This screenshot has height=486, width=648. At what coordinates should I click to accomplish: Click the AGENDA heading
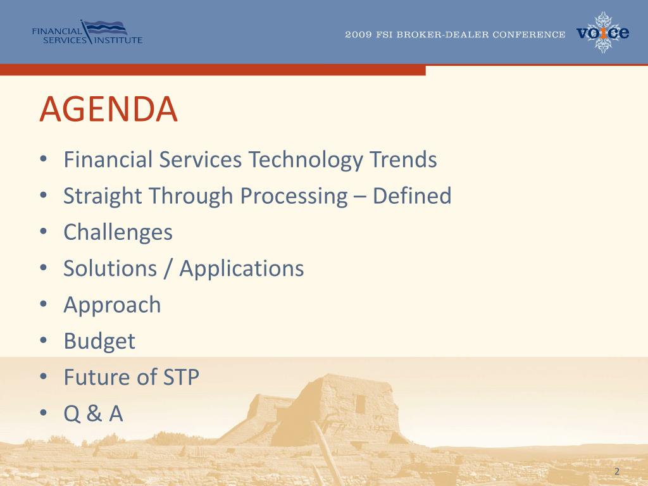pos(109,109)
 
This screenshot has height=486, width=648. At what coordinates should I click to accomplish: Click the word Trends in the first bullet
pos(403,159)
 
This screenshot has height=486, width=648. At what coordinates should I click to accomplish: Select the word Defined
pos(412,196)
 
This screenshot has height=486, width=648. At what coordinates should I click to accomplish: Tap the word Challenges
pos(118,232)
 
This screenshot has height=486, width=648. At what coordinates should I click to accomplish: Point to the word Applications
pos(242,268)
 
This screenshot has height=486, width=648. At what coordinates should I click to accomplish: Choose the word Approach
pos(112,305)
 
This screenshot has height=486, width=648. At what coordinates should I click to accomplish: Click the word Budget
pos(99,341)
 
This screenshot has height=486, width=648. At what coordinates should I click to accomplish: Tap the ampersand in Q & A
pos(94,413)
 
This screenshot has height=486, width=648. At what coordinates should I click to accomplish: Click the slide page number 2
pos(617,471)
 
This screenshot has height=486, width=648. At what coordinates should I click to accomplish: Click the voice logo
pos(603,32)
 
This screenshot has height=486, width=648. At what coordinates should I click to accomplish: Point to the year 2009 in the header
pos(358,35)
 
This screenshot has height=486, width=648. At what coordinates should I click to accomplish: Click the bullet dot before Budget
pos(44,340)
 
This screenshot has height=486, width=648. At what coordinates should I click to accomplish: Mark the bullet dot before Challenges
pos(44,232)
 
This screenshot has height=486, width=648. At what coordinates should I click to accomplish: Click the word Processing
pos(294,196)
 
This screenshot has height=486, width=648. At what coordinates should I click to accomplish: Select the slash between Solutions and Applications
pos(168,268)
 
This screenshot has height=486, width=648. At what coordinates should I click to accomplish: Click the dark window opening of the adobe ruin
pos(360,403)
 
